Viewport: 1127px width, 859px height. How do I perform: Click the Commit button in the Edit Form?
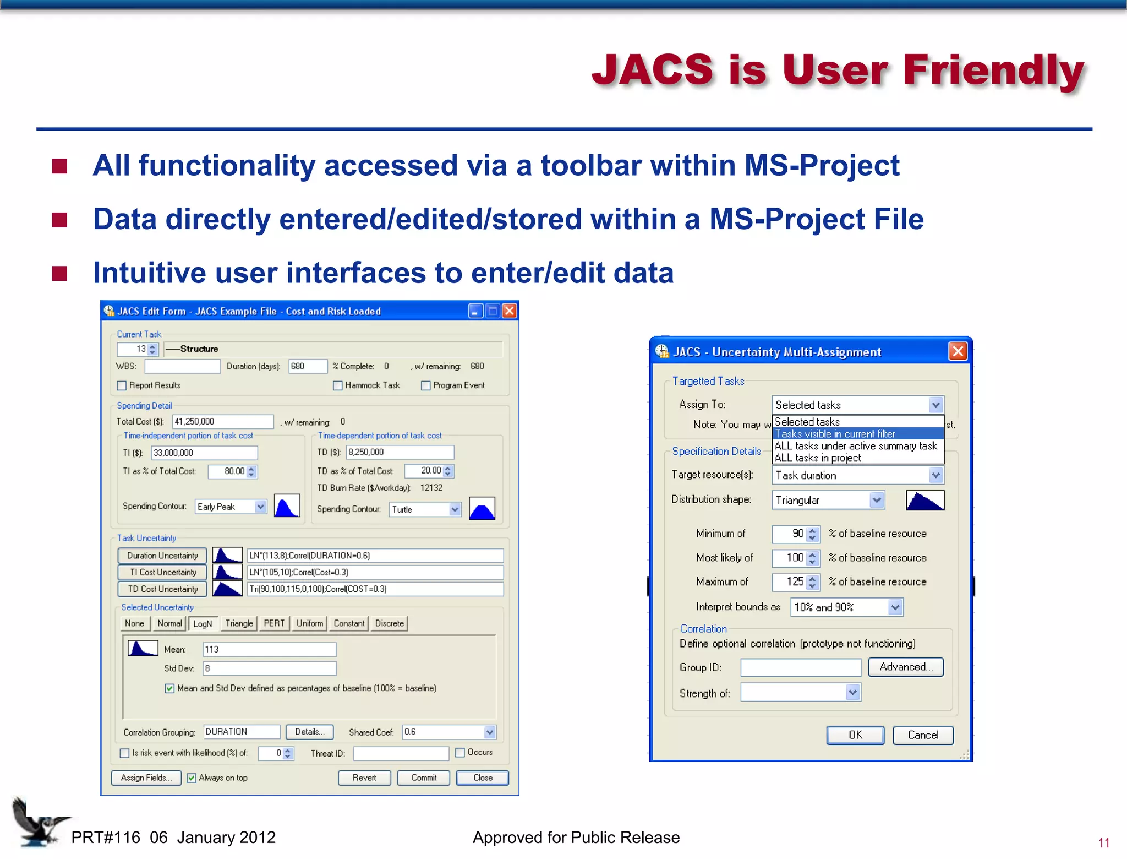[x=423, y=778]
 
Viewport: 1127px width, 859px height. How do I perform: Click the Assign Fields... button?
[x=146, y=778]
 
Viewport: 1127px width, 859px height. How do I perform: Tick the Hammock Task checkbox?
[x=338, y=385]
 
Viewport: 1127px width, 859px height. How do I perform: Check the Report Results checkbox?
[x=122, y=385]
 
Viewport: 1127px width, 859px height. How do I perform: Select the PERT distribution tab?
[x=273, y=623]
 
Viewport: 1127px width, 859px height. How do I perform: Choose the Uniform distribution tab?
[x=309, y=623]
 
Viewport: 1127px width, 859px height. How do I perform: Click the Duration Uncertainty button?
[x=162, y=556]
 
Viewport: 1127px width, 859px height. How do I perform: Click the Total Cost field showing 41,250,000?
[x=222, y=422]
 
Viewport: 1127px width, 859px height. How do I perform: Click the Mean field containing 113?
[x=269, y=650]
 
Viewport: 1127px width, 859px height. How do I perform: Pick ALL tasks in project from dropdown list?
[x=818, y=458]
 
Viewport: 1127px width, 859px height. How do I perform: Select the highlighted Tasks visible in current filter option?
[x=835, y=434]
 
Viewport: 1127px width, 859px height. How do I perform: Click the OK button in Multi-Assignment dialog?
[x=855, y=735]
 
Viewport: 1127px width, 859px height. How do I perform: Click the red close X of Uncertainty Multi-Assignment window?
[x=958, y=351]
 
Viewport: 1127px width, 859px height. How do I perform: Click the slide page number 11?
[x=1103, y=843]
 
